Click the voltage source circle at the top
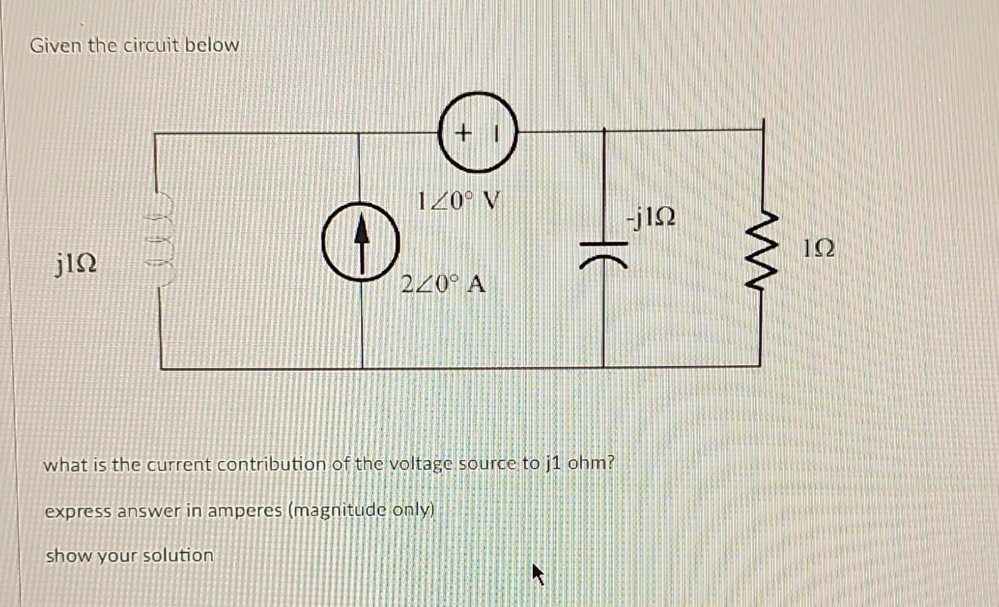coord(478,132)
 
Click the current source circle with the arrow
coord(361,241)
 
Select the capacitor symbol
coord(603,255)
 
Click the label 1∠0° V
coord(459,201)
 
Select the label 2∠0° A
coord(443,285)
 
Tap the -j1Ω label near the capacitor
coord(651,217)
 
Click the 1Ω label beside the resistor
coord(818,249)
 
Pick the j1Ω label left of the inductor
coord(76,264)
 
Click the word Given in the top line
coord(56,45)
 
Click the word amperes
coord(244,511)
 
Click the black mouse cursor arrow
coord(538,575)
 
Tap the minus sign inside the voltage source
coord(495,134)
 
